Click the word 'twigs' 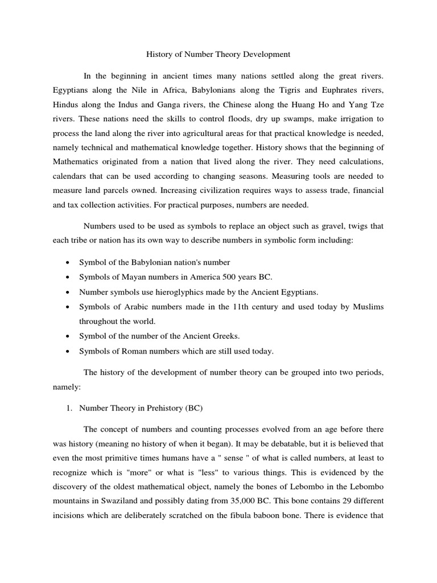[x=360, y=226]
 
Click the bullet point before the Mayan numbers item [x=68, y=277]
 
